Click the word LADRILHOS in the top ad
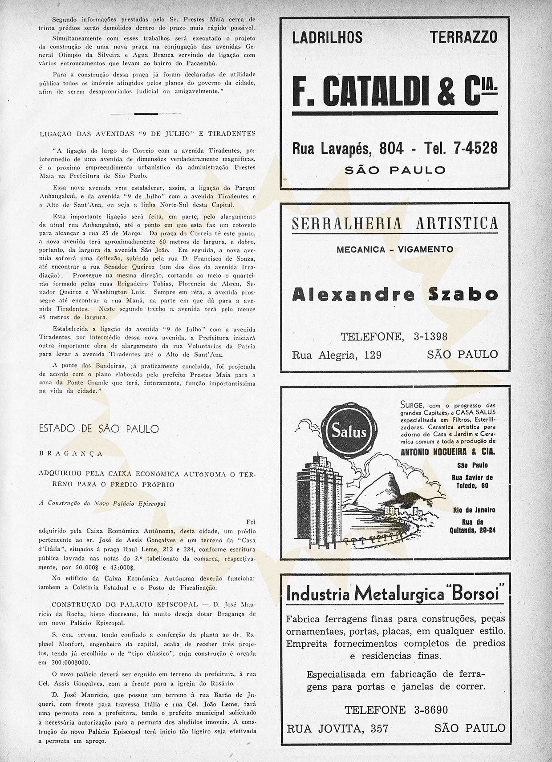(327, 38)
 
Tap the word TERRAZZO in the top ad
(463, 38)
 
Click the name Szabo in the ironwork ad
(463, 294)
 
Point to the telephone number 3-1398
(430, 337)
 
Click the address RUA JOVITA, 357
(337, 728)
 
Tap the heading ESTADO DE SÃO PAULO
(98, 429)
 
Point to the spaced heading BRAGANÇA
(71, 453)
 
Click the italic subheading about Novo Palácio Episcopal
(102, 504)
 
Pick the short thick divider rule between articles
(146, 114)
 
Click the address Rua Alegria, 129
(337, 355)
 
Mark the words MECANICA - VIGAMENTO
(395, 250)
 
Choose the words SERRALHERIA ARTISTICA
(395, 223)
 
